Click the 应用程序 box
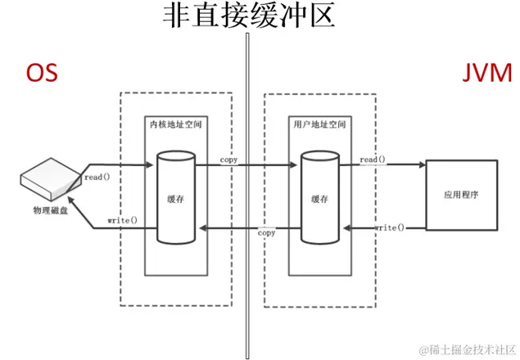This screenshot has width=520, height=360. point(459,196)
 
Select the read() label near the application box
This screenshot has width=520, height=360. point(373,160)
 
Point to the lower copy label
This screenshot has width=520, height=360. point(266,233)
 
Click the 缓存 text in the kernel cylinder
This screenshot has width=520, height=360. point(175,199)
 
